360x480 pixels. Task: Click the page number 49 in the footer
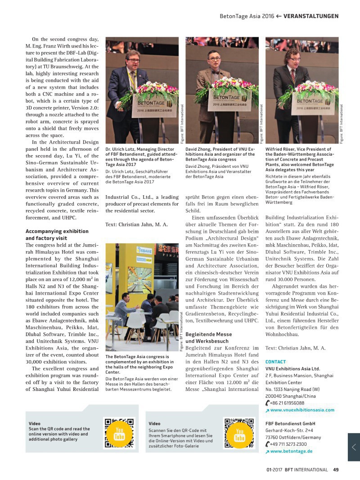pyautogui.click(x=336, y=470)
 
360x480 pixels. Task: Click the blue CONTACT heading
pyautogui.click(x=275, y=361)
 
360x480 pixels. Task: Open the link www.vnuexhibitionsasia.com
pyautogui.click(x=302, y=410)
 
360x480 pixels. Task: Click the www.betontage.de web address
pyautogui.click(x=291, y=451)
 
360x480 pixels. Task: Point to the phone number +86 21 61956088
pyautogui.click(x=287, y=403)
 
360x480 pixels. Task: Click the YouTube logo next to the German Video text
pyautogui.click(x=239, y=435)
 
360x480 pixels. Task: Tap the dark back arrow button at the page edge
pyautogui.click(x=354, y=447)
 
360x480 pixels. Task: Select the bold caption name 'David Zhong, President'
pyautogui.click(x=214, y=149)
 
